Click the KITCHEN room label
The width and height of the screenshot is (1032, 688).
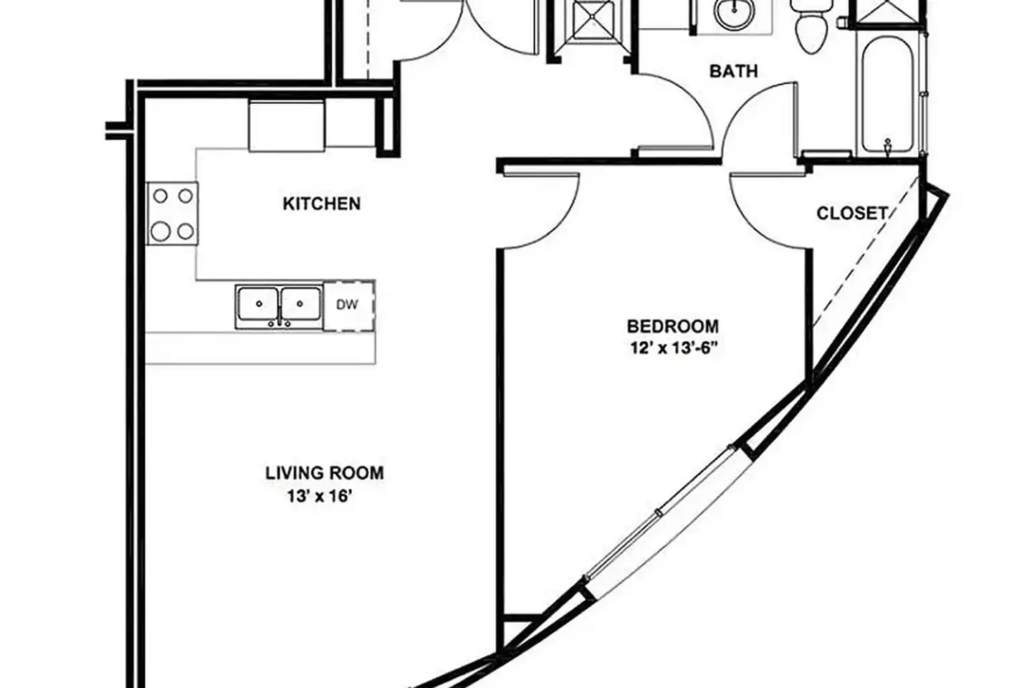pyautogui.click(x=322, y=204)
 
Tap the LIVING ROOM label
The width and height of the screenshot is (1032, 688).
pyautogui.click(x=325, y=473)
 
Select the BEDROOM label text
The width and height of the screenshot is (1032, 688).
pyautogui.click(x=673, y=326)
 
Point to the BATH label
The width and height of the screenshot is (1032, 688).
pyautogui.click(x=733, y=71)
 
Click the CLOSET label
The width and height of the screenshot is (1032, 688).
pyautogui.click(x=852, y=213)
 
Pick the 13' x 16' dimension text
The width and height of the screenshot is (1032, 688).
pyautogui.click(x=320, y=497)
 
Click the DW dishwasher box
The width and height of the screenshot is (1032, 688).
pyautogui.click(x=349, y=305)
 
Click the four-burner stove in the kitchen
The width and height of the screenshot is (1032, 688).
pyautogui.click(x=173, y=214)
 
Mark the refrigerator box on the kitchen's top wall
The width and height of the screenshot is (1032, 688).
pyautogui.click(x=287, y=125)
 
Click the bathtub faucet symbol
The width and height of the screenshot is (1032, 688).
pyautogui.click(x=887, y=145)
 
